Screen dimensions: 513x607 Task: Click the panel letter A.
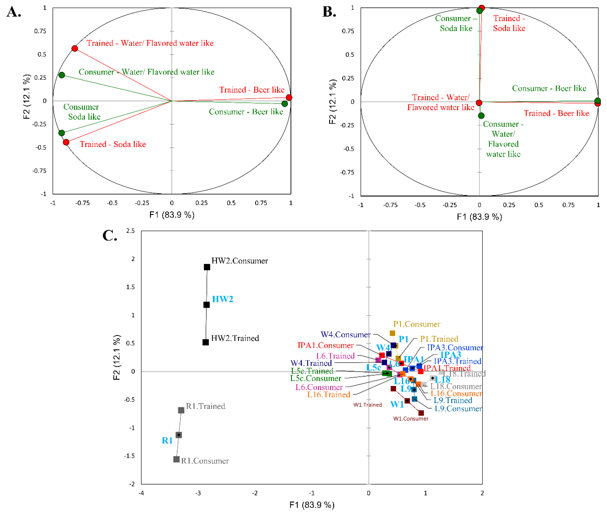14,12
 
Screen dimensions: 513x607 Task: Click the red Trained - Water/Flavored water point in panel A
75,48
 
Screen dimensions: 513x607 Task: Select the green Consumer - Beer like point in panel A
284,103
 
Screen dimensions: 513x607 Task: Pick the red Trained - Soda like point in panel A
66,142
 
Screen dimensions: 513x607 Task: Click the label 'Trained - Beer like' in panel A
252,90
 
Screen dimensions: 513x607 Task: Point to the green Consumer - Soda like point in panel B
480,11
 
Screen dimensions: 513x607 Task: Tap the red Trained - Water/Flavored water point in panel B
479,103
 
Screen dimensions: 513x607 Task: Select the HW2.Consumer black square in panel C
207,267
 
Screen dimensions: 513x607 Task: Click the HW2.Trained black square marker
206,342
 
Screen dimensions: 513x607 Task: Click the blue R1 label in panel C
167,441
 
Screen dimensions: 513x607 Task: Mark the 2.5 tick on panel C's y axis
130,231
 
